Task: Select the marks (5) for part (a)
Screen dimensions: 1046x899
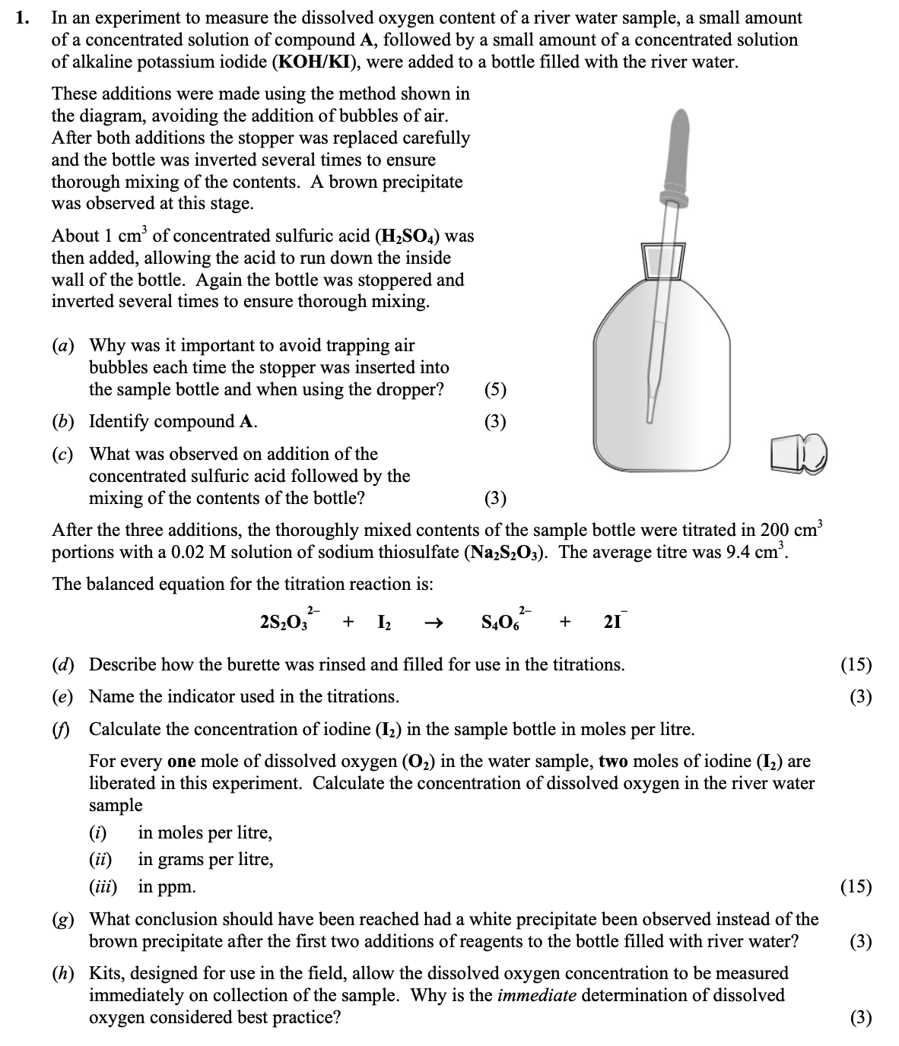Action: [x=494, y=389]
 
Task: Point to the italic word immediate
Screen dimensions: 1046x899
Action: [x=536, y=995]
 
